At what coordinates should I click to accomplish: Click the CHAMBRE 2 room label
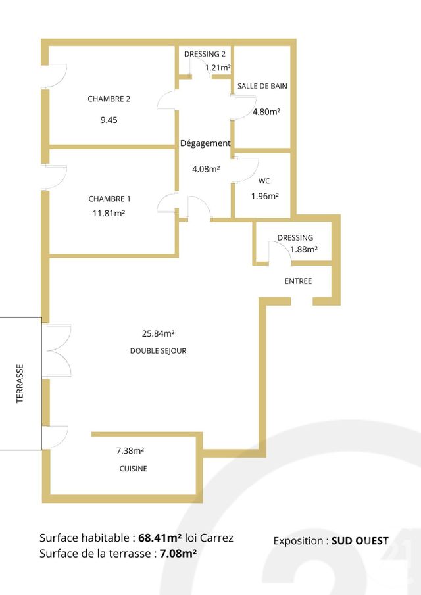coord(109,99)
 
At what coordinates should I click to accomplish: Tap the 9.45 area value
coord(109,120)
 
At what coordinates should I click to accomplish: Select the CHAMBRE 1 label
coord(110,199)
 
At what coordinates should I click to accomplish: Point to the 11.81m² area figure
coord(109,213)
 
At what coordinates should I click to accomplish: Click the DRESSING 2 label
coord(205,54)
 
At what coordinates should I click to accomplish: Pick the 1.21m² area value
coord(217,67)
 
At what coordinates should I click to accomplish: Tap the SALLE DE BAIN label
coord(262,86)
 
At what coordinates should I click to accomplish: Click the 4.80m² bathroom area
coord(266,112)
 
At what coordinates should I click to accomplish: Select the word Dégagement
coord(205,143)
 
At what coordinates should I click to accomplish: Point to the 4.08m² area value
coord(206,168)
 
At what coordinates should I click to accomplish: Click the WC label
coord(264,181)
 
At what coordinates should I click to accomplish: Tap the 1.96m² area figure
coord(265,196)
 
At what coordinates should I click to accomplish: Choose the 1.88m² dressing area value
coord(304,249)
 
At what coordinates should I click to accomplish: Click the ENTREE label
coord(298,281)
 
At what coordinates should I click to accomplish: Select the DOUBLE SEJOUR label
coord(158,351)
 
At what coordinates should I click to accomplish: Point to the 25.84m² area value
coord(158,333)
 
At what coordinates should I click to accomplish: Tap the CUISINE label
coord(133,469)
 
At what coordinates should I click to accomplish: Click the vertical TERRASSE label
coord(20,383)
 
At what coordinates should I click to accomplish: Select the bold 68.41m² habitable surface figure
coord(160,538)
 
